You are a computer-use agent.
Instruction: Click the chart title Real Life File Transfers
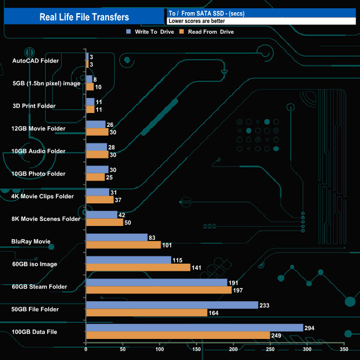[x=84, y=17]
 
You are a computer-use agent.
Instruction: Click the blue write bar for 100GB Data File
[x=194, y=328]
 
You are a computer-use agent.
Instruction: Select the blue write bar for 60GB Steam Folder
[x=156, y=282]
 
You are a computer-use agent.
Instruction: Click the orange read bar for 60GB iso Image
[x=137, y=268]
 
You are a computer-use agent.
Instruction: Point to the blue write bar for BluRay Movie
[x=116, y=237]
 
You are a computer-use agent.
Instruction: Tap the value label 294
[x=310, y=328]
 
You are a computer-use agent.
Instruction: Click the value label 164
[x=213, y=313]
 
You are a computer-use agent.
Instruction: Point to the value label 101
[x=168, y=245]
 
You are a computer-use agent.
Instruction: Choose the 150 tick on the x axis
[x=197, y=350]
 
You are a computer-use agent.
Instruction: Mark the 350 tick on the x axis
[x=344, y=350]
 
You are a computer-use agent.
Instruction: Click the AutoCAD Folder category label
[x=35, y=60]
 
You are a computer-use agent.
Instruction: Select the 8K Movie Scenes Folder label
[x=46, y=219]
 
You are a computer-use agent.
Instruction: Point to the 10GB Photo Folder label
[x=38, y=173]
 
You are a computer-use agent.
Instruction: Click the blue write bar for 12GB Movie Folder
[x=95, y=124]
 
